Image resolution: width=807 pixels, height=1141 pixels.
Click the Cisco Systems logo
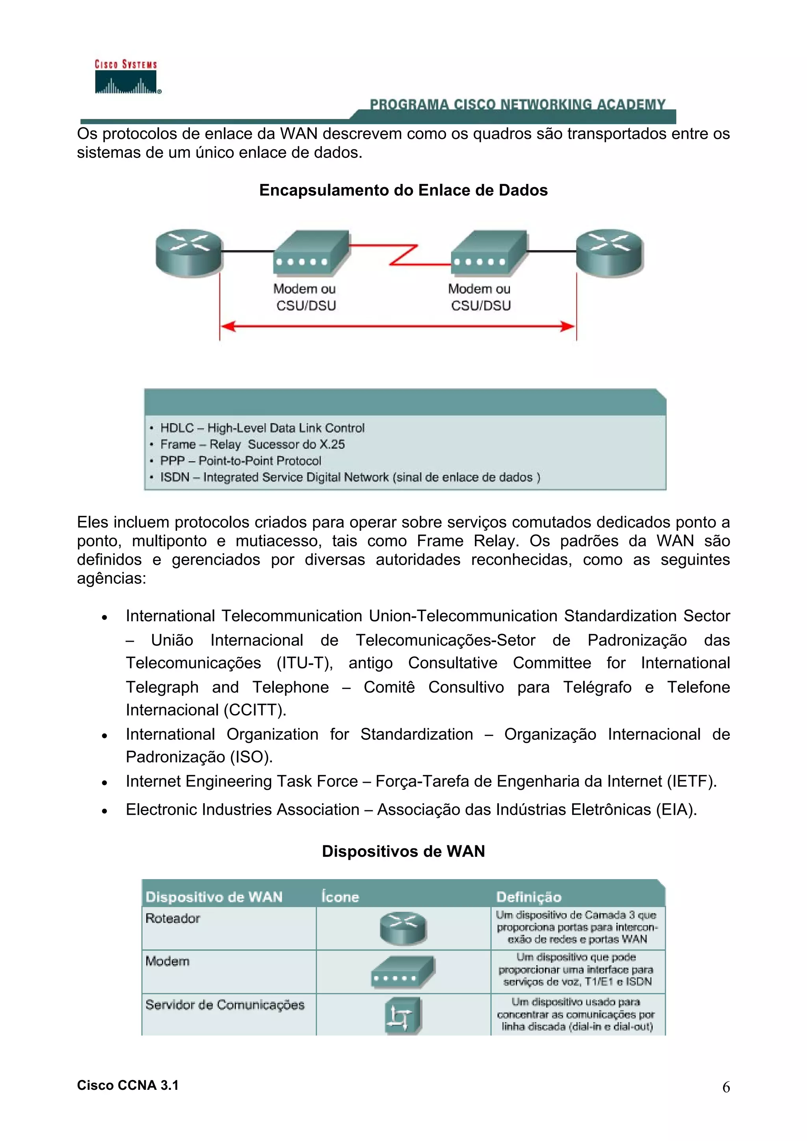coord(127,78)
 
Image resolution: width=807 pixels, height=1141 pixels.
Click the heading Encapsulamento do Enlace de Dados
coord(403,190)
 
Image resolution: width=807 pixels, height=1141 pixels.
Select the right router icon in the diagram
coord(610,252)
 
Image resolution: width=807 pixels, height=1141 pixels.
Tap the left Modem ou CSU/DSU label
coord(305,297)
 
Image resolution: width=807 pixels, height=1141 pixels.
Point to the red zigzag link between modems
coord(404,254)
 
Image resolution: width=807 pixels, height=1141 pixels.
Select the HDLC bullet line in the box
coord(262,428)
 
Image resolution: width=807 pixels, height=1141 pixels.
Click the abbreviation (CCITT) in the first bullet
coord(255,709)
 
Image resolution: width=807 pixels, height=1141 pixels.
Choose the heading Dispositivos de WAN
coord(403,851)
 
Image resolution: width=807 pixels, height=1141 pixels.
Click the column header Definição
coord(528,897)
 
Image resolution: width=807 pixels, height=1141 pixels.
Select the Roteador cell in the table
coord(173,919)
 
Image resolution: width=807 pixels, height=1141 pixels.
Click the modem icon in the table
coord(403,972)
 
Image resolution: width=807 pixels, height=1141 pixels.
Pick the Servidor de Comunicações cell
coord(225,1005)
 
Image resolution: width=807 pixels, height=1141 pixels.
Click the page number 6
coord(726,1087)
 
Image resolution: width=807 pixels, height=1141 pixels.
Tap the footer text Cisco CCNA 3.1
coord(128,1085)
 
